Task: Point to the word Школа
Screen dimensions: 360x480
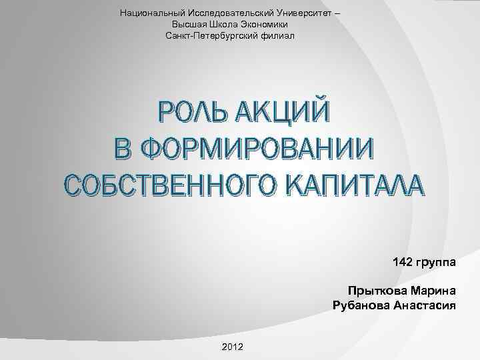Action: (223, 23)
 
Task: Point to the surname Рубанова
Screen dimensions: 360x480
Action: (361, 305)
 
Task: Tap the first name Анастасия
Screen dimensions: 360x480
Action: (425, 305)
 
